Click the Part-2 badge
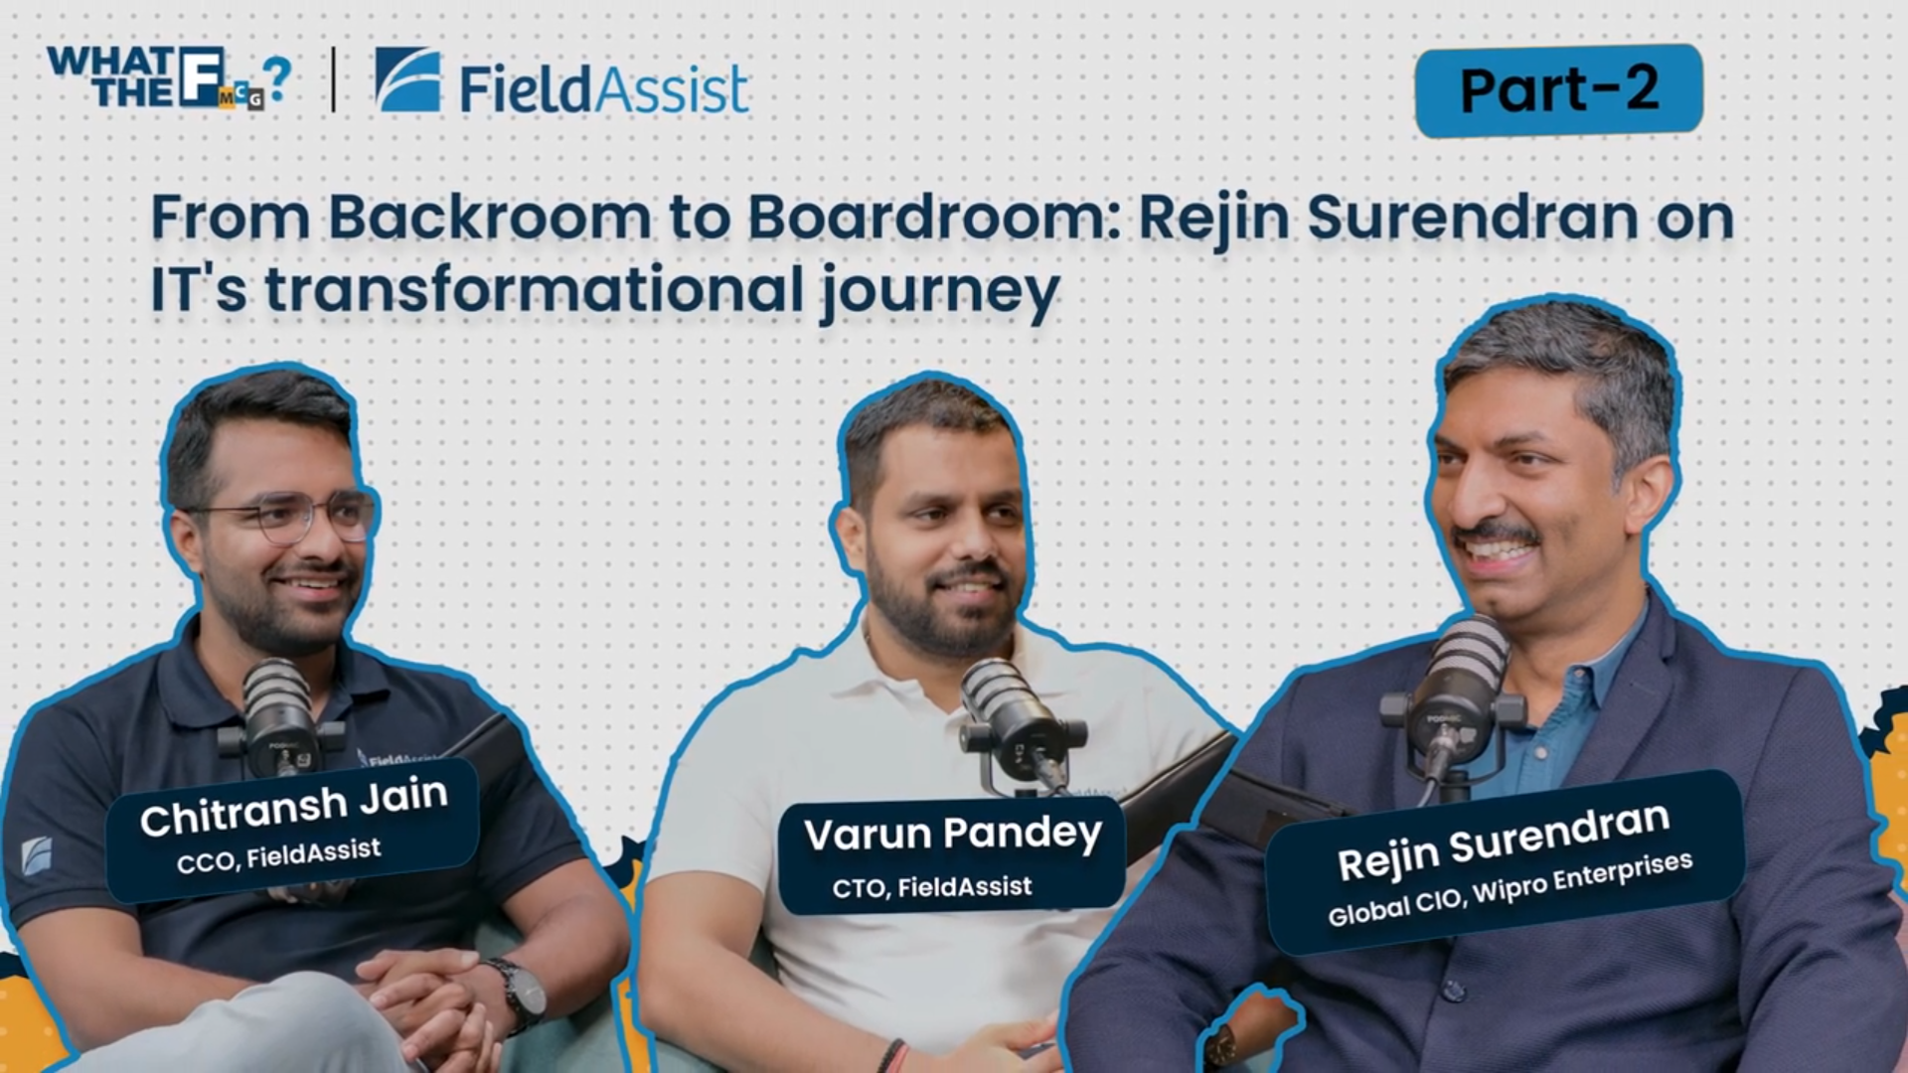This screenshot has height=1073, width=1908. pos(1558,89)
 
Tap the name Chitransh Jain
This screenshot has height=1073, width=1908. pos(294,807)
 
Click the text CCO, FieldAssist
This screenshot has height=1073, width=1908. pos(278,855)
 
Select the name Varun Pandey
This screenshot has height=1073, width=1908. pos(953,835)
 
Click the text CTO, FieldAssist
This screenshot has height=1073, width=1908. pos(932,886)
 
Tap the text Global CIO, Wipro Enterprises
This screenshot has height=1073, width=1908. pos(1510,889)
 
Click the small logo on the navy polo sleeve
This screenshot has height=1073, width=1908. pos(37,855)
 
